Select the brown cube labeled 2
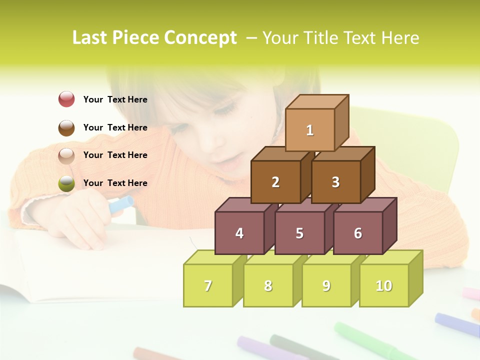pyautogui.click(x=275, y=182)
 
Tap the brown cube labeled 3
pyautogui.click(x=335, y=182)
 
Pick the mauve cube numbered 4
pyautogui.click(x=239, y=233)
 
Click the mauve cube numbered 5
pyautogui.click(x=299, y=233)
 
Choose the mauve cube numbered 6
pyautogui.click(x=358, y=233)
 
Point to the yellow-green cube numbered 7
pyautogui.click(x=208, y=285)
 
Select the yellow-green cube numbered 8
pyautogui.click(x=268, y=285)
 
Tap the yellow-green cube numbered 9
pyautogui.click(x=326, y=285)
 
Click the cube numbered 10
pyautogui.click(x=384, y=285)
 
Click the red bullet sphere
pyautogui.click(x=66, y=99)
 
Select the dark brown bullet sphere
pyautogui.click(x=66, y=127)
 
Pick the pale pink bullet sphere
pyautogui.click(x=66, y=155)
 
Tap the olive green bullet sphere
pyautogui.click(x=66, y=183)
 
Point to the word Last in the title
pyautogui.click(x=90, y=38)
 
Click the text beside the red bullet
pyautogui.click(x=115, y=99)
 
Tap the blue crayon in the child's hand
pyautogui.click(x=121, y=204)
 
